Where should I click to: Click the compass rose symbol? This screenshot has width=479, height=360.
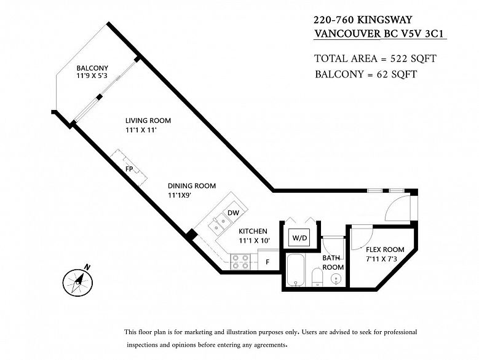77,281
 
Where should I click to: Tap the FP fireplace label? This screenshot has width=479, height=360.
129,168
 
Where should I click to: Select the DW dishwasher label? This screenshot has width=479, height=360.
233,213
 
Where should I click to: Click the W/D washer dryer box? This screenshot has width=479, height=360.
299,237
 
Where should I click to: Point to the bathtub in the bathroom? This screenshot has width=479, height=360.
296,270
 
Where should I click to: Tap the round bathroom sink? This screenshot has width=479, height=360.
336,279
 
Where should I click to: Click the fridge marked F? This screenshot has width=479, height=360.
267,261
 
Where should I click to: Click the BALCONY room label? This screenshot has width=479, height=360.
92,68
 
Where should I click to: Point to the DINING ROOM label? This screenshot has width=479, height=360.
192,186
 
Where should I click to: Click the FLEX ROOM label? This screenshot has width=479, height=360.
385,249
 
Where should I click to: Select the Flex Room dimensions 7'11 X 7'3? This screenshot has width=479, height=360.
385,259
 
